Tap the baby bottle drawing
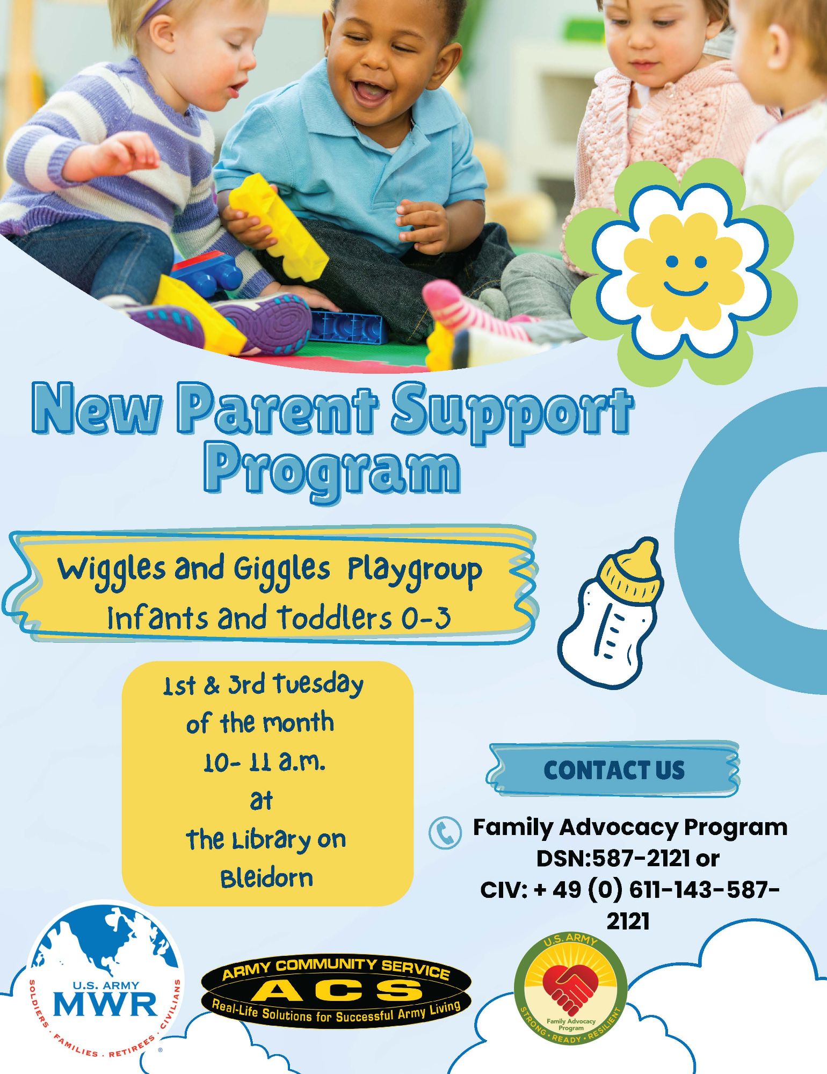pyautogui.click(x=611, y=612)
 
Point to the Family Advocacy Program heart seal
pyautogui.click(x=570, y=989)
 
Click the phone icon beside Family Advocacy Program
pyautogui.click(x=445, y=833)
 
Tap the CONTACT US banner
pyautogui.click(x=613, y=770)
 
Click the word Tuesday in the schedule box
pyautogui.click(x=318, y=685)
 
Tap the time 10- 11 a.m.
pyautogui.click(x=264, y=763)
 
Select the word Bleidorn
pyautogui.click(x=266, y=879)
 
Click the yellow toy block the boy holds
pyautogui.click(x=278, y=226)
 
